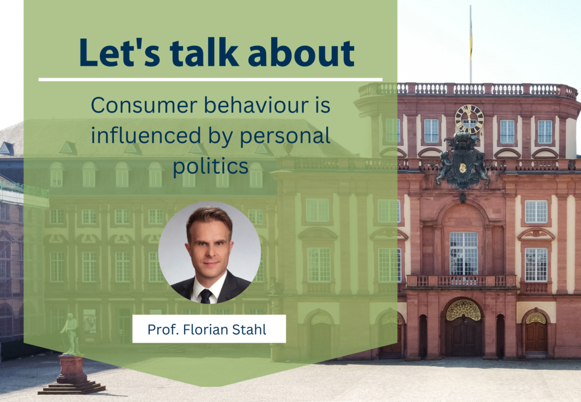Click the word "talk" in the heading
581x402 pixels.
pos(204,52)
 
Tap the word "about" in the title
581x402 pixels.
pos(301,52)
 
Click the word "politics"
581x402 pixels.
pos(211,166)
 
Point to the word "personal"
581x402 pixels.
pos(285,136)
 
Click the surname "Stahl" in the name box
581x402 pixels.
pos(249,329)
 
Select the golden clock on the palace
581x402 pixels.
pos(470,119)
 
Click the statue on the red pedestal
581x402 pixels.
pos(70,334)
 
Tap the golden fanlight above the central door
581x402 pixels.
pos(463,311)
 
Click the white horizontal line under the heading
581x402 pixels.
pos(211,79)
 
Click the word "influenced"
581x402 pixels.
pos(146,135)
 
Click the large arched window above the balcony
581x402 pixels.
pos(464,253)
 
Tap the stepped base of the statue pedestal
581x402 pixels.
pos(71,387)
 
